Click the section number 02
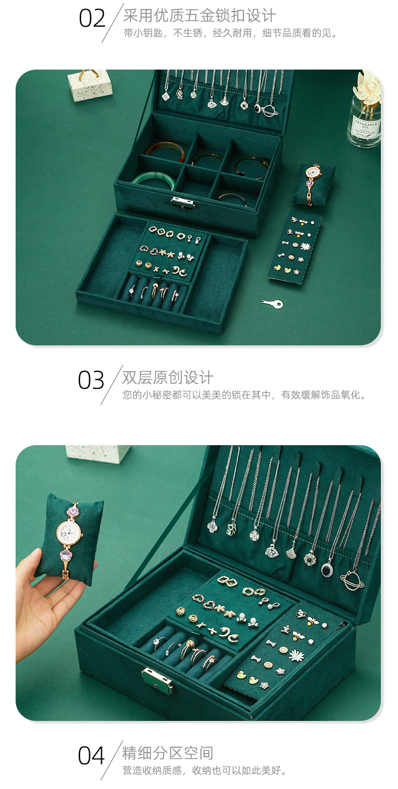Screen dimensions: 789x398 point(92,19)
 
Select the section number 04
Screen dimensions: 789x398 point(91,756)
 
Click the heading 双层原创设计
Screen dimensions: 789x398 point(168,378)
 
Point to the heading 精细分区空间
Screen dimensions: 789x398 point(168,753)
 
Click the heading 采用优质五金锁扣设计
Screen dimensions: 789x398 point(200,16)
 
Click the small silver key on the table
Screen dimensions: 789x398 point(273,304)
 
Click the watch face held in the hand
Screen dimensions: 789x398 point(69,530)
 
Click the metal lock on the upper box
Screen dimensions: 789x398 point(182,202)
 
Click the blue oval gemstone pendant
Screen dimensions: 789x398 point(327,569)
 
